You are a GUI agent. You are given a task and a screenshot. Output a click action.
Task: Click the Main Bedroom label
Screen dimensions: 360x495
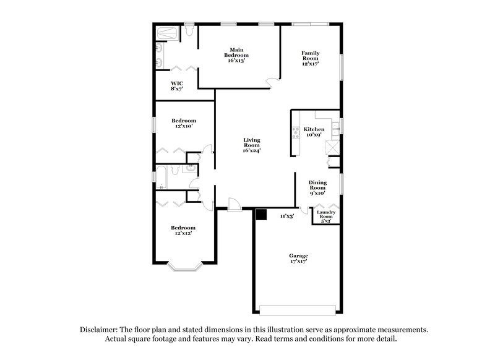(x=235, y=54)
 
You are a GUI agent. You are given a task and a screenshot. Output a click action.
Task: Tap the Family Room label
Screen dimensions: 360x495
(x=310, y=58)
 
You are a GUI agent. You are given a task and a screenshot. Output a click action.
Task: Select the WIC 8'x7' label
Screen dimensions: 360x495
(x=177, y=86)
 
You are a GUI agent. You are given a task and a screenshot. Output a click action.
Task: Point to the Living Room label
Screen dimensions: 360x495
(x=251, y=145)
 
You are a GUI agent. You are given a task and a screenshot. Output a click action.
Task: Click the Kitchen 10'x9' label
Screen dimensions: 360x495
(x=314, y=132)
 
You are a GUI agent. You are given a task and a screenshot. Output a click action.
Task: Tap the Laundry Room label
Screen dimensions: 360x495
(x=325, y=216)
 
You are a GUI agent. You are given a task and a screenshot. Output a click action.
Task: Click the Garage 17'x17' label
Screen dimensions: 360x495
(x=298, y=259)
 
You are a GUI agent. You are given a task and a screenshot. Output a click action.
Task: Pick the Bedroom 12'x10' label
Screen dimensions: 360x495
(x=184, y=123)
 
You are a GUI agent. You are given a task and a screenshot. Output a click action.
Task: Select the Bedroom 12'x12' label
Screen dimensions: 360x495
(x=183, y=230)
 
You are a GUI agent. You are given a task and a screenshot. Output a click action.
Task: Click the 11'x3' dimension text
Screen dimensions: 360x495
(x=286, y=216)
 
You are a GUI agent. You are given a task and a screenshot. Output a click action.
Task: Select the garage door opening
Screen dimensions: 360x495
(x=298, y=310)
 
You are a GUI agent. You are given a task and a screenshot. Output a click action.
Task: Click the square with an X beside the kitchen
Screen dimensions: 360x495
(x=334, y=147)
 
